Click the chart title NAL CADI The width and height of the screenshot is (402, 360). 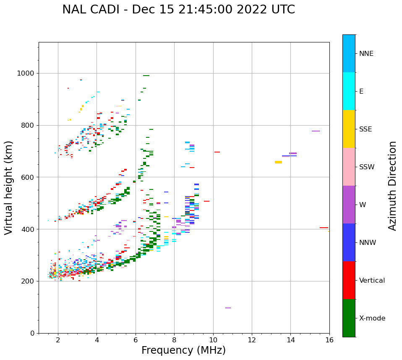point(178,10)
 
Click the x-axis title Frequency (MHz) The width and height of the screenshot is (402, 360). point(183,350)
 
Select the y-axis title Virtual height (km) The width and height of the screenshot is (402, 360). point(9,187)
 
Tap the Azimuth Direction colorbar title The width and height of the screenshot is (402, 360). point(392,185)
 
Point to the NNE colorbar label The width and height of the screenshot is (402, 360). point(366,54)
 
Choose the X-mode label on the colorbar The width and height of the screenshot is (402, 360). point(372,318)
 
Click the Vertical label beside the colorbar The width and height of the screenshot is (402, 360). point(372,281)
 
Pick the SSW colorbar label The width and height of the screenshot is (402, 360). point(366,167)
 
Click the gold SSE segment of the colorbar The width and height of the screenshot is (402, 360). point(349,129)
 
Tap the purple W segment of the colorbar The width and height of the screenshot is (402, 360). point(349,204)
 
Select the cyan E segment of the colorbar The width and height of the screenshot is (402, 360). point(349,91)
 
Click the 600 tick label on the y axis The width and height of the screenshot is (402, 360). point(28,177)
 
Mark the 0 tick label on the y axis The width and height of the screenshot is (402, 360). point(32,333)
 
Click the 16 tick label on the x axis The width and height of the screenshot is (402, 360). point(329,340)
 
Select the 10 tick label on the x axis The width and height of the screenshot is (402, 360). point(213,340)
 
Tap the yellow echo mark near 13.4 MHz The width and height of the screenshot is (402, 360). point(278,162)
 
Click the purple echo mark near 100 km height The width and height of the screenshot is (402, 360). point(228,308)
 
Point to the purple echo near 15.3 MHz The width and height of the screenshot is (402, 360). point(316,131)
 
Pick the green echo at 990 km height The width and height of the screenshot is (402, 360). point(146,76)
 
